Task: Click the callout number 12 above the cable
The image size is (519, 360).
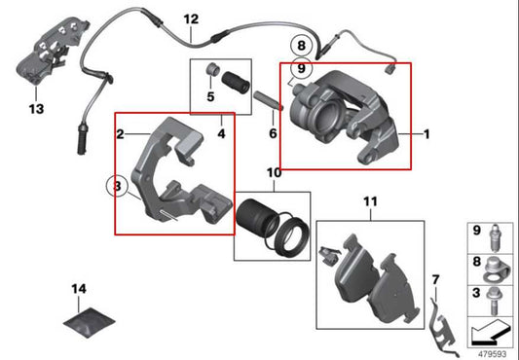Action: [190, 18]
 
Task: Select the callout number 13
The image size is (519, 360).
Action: [36, 109]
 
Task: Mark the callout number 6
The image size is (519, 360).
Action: [273, 132]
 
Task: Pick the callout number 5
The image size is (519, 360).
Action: [209, 96]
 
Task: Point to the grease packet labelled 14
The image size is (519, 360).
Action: [87, 326]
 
